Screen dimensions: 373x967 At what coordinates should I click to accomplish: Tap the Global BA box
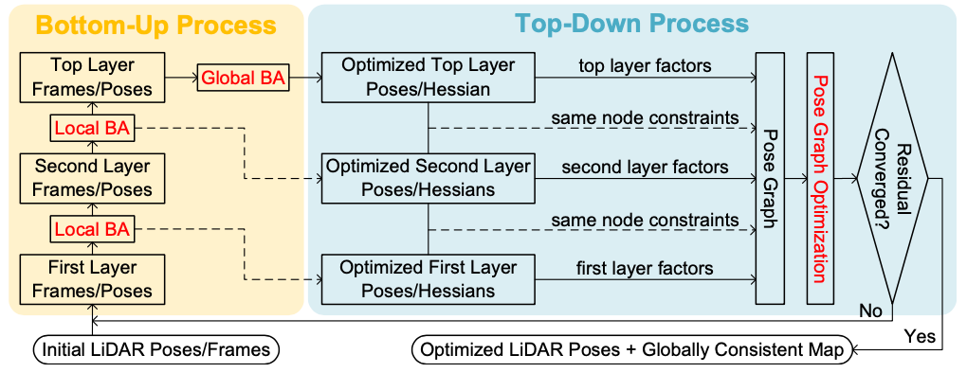point(242,78)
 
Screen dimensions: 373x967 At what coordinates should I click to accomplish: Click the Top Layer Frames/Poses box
point(93,78)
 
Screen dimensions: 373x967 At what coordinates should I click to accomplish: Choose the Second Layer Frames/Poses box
point(93,178)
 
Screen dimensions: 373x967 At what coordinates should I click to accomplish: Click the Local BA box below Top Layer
point(92,128)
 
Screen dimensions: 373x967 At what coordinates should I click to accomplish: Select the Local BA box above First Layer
point(92,228)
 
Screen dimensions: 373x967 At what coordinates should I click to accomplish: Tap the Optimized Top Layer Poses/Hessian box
point(428,78)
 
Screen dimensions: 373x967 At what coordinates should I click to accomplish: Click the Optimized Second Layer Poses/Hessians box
point(428,178)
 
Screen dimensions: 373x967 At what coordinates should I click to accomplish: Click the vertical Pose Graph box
point(772,178)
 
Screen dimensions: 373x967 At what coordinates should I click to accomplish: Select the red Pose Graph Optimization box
point(823,178)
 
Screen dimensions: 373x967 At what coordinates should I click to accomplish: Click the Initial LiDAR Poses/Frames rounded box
point(156,349)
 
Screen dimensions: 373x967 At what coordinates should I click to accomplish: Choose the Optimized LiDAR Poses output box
point(630,349)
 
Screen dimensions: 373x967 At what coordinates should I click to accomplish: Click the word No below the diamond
point(872,311)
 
